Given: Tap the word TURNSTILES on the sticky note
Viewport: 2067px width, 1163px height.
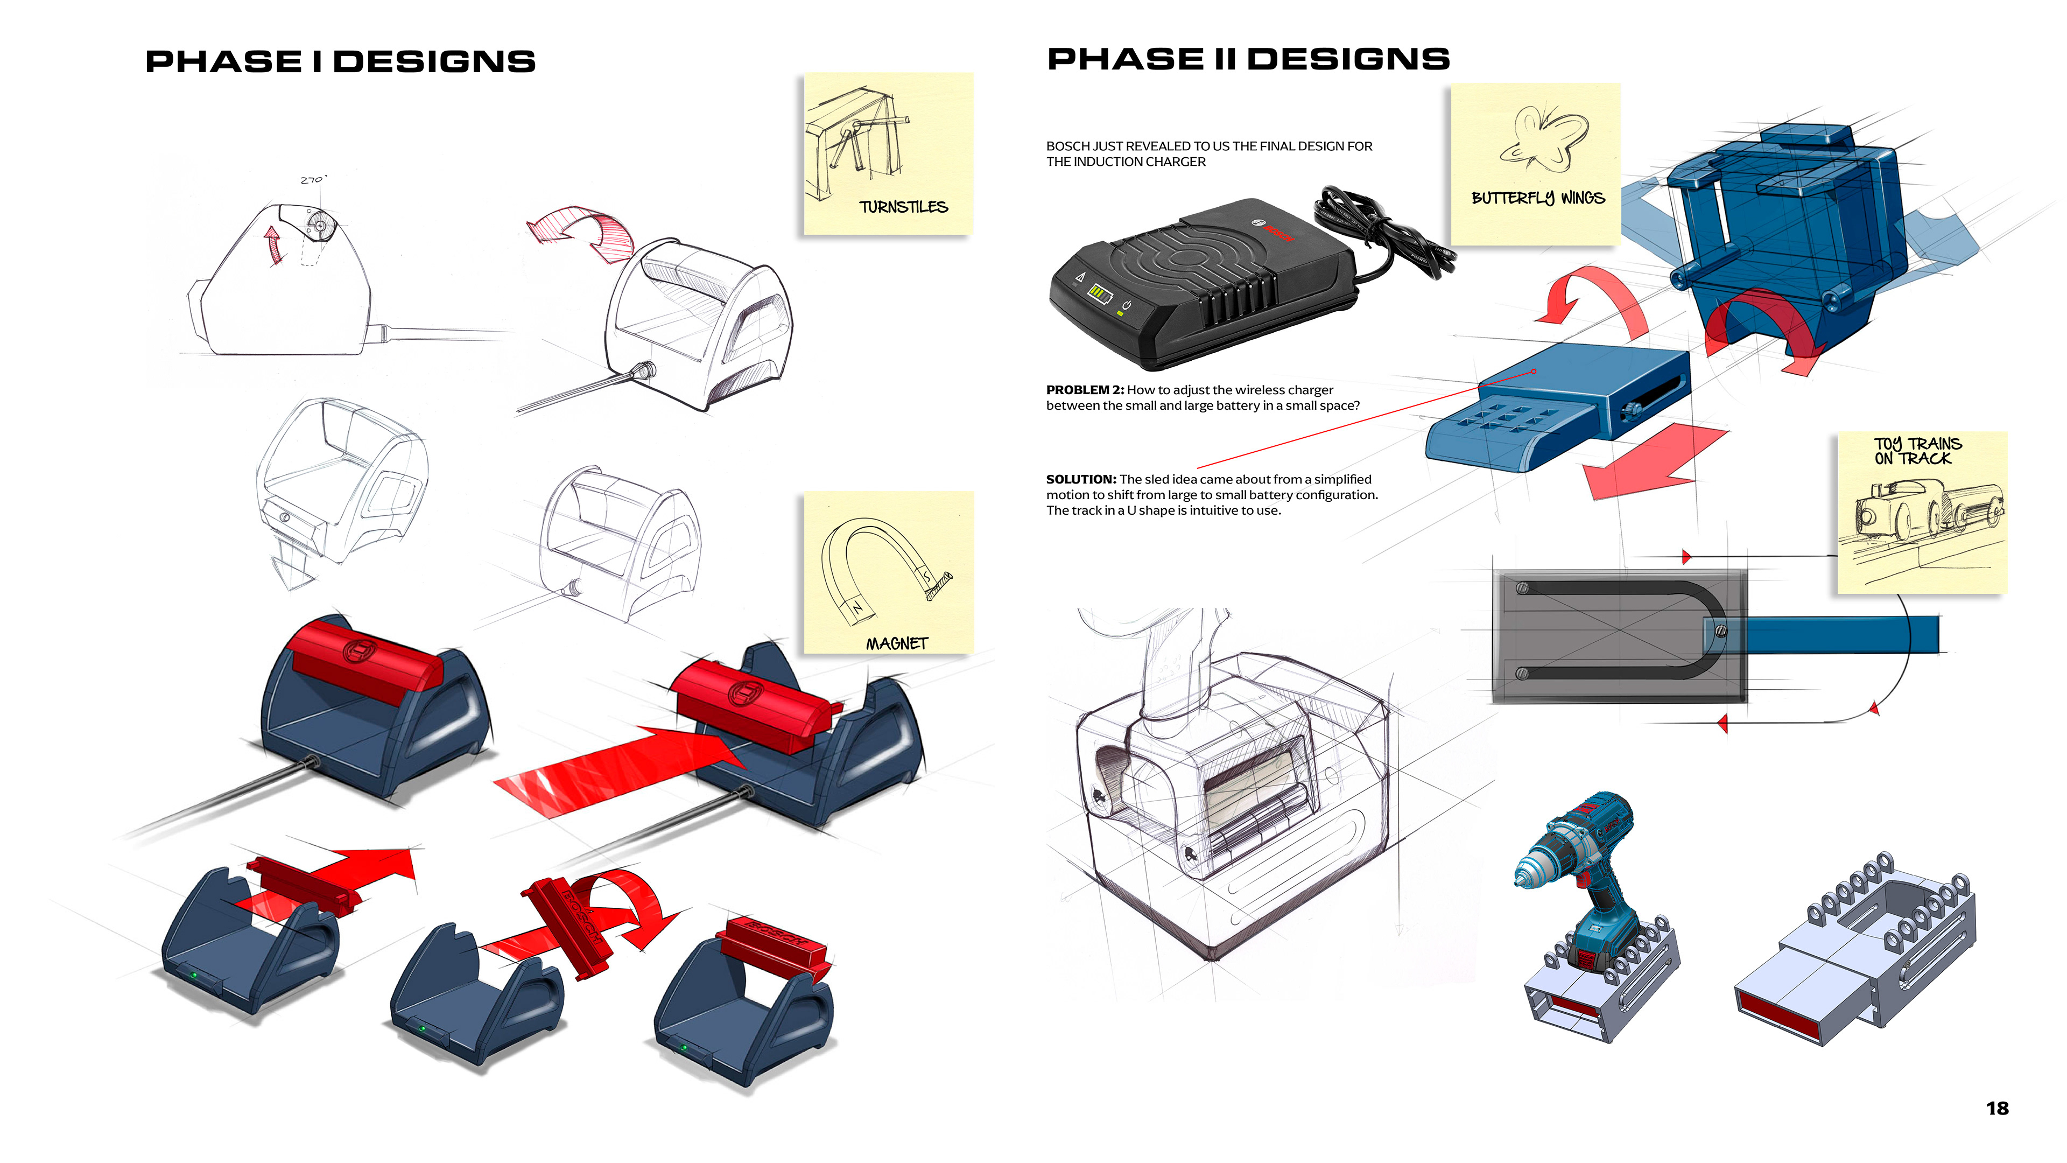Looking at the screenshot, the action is click(x=904, y=207).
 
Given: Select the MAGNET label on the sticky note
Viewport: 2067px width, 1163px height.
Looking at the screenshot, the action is click(x=896, y=644).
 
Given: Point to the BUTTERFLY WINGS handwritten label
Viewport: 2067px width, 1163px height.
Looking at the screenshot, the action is click(x=1537, y=198).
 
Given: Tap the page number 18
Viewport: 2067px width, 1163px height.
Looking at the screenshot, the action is click(x=1996, y=1109).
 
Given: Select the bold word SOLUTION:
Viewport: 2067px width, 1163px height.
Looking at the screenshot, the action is click(x=1080, y=479).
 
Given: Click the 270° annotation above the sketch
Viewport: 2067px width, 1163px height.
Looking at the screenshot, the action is click(x=313, y=180).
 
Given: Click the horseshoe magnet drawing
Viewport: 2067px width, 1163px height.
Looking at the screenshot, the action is click(x=883, y=566).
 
